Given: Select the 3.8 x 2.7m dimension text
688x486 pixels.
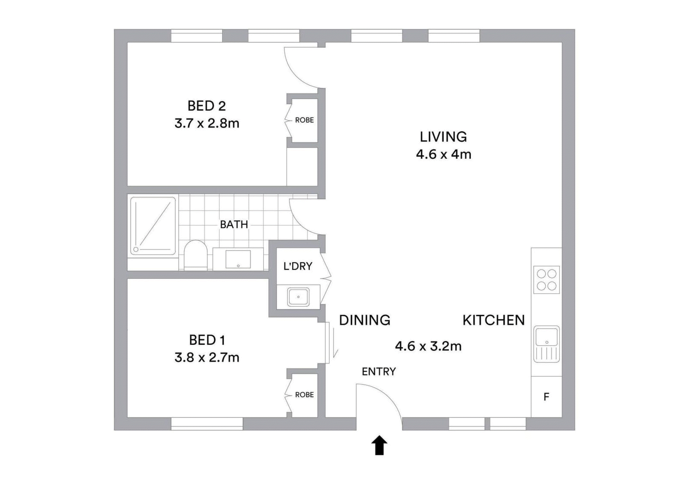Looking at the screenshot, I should point(207,357).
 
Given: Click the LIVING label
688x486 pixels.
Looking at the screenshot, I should point(443,137).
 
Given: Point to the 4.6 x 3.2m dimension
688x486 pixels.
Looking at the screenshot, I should point(428,346).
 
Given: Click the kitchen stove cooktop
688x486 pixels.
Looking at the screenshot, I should point(547,280).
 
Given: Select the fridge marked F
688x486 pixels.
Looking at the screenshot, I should point(546,397).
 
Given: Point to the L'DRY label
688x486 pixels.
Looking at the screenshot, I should point(298,266).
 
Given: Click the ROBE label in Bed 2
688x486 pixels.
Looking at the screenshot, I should point(304,120).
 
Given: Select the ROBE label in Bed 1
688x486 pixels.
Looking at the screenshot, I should point(304,395).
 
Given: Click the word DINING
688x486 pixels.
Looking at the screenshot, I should point(364,320).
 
